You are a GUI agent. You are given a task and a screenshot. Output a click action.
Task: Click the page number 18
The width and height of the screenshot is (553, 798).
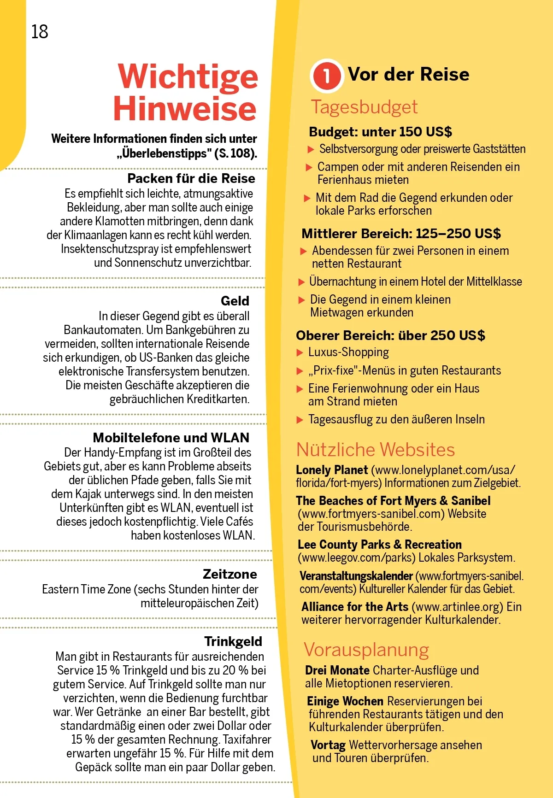(40, 32)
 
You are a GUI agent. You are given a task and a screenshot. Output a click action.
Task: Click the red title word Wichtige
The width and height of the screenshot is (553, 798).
(188, 76)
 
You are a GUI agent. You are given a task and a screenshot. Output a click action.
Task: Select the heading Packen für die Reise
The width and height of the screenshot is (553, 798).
(191, 178)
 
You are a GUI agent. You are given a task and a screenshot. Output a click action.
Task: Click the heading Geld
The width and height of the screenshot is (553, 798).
(235, 301)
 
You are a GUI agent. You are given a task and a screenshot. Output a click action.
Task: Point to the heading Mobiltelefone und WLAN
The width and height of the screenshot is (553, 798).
(171, 437)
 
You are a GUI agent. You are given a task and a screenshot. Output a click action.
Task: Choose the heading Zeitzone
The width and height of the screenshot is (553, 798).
(229, 574)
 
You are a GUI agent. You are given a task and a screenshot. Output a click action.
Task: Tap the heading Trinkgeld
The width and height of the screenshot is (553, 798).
(233, 641)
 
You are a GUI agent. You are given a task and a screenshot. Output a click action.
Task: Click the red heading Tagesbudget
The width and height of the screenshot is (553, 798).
(364, 107)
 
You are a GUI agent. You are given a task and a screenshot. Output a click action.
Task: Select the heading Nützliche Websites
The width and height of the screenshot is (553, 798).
(375, 450)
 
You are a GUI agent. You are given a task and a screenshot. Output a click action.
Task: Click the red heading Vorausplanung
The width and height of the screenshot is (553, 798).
(366, 650)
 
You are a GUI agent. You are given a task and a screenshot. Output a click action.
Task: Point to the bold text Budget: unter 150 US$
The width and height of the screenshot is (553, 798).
(380, 132)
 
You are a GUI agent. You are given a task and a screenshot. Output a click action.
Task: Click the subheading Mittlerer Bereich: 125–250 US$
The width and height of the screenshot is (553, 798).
(401, 234)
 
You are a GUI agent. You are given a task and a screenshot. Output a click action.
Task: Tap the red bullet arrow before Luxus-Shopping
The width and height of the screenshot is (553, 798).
(300, 353)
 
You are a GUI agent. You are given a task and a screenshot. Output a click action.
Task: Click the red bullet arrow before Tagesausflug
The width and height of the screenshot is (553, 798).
(300, 420)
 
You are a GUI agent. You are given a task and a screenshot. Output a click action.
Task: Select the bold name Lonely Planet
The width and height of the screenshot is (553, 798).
(332, 470)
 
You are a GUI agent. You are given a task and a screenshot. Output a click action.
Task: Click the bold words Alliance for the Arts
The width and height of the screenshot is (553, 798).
(355, 607)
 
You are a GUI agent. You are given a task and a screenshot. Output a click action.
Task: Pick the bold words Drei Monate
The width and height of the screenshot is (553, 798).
(337, 670)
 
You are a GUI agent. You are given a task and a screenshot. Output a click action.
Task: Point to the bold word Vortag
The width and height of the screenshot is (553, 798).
(328, 745)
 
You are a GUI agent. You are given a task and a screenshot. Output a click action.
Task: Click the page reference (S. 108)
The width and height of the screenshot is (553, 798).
(235, 153)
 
